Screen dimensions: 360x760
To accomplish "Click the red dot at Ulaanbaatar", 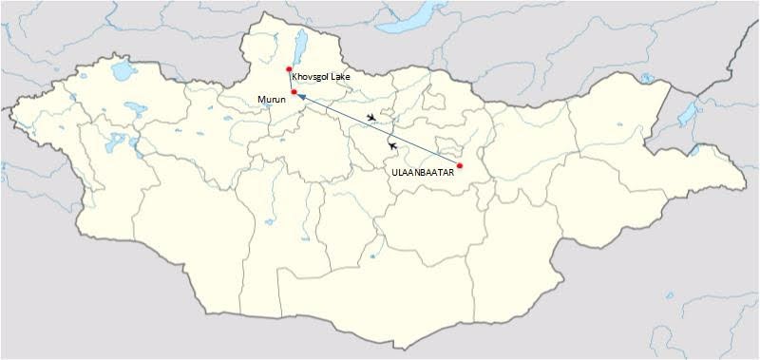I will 460,166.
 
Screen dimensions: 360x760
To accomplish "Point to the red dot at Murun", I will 294,92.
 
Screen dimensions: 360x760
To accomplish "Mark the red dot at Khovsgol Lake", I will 289,69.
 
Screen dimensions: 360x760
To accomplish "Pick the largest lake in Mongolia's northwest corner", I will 122,72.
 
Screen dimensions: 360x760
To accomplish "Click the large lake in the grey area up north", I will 416,19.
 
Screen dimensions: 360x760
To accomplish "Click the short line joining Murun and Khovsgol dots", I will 291,81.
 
